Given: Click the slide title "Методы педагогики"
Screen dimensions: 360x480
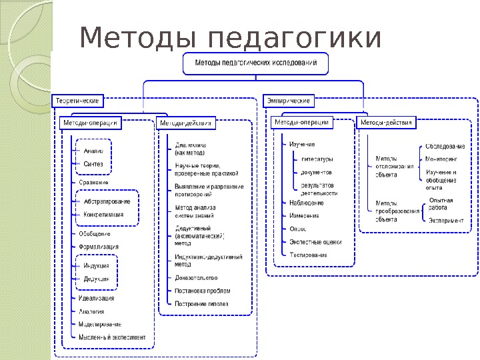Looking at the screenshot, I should (230, 38).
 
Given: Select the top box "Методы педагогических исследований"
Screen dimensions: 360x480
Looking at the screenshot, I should (255, 65).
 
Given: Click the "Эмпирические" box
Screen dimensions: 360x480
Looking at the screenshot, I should (289, 101).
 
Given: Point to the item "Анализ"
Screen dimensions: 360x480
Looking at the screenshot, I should (93, 151).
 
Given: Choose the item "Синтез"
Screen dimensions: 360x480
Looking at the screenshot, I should (93, 163).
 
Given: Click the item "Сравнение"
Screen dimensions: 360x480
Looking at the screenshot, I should (94, 182).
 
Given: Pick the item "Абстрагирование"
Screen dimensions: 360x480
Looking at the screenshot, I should (107, 201).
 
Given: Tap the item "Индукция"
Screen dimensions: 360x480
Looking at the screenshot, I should (97, 265).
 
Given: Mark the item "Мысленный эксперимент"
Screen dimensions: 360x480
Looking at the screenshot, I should (112, 337).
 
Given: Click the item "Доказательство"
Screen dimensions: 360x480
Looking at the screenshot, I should (196, 277).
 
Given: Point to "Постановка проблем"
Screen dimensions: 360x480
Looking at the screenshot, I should (203, 291).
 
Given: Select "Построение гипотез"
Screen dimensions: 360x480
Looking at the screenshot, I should (201, 304).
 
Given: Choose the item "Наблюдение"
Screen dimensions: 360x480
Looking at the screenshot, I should (307, 203).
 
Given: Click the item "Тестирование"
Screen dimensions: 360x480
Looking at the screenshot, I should (308, 255).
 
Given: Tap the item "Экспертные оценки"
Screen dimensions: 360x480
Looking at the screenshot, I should (315, 242).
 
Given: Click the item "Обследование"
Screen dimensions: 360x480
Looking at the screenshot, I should (445, 147).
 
